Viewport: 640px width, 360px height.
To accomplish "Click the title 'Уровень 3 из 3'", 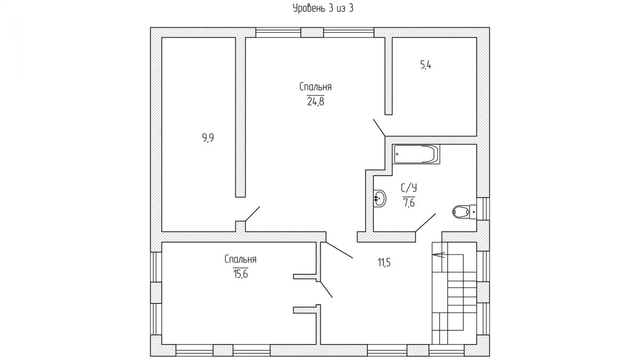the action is [x=323, y=9].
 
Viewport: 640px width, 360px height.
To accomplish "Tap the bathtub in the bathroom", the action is [x=417, y=154].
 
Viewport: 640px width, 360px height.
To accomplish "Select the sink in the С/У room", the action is [x=380, y=198].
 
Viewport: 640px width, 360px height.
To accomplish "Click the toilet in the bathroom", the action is [x=465, y=212].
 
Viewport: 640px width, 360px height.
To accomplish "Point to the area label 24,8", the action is [x=315, y=101].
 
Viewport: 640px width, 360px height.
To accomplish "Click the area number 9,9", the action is [x=208, y=138].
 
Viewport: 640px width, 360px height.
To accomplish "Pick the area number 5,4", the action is [x=426, y=65].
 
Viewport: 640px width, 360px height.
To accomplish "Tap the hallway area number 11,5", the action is [x=385, y=262].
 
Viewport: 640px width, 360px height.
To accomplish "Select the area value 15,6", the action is [x=241, y=274].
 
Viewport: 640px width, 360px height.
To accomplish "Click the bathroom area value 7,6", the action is [x=409, y=203].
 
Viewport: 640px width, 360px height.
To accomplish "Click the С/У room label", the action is [x=409, y=188].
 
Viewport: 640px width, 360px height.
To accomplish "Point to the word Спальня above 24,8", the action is [x=315, y=87].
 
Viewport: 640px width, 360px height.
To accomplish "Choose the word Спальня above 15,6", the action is [x=241, y=259].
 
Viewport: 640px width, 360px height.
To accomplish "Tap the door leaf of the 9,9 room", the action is [x=253, y=214].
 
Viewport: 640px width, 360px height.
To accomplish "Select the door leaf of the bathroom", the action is [x=426, y=222].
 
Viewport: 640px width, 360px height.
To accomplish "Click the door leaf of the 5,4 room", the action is [x=379, y=127].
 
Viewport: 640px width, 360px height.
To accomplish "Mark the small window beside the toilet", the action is [x=483, y=209].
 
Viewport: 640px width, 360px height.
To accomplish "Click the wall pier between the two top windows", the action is [x=312, y=33].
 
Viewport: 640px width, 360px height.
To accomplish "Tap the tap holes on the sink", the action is [x=376, y=198].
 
